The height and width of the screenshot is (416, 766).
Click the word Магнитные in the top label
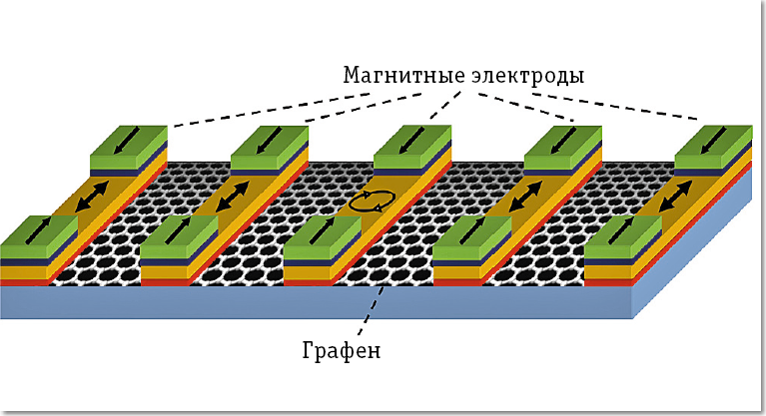392,76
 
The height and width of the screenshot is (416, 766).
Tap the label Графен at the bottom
341,350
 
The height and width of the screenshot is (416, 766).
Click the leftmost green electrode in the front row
38,235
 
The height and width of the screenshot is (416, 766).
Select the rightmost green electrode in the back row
713,143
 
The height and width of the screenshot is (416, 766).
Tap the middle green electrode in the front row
322,236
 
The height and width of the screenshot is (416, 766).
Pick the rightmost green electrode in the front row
621,237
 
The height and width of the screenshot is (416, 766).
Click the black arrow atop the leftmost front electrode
38,228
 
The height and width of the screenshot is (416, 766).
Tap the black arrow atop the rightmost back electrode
713,138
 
